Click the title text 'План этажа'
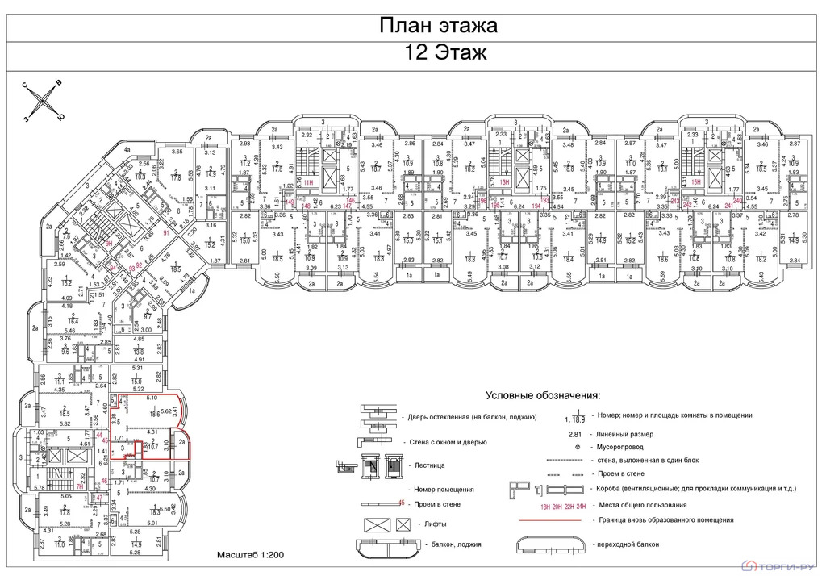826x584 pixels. [439, 26]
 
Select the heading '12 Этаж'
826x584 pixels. [439, 54]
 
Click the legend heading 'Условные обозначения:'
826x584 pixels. [543, 397]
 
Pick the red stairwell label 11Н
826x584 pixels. [308, 183]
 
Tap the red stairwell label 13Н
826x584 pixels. [505, 183]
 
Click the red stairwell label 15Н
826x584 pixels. [696, 183]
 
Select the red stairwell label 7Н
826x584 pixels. [80, 487]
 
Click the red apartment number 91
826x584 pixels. [166, 233]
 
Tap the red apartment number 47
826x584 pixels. [99, 498]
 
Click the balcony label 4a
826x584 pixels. [126, 150]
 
